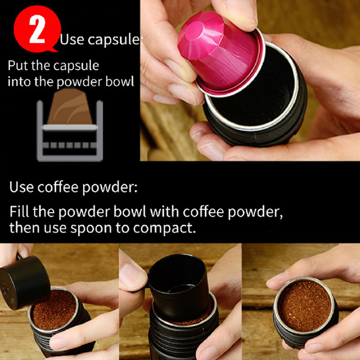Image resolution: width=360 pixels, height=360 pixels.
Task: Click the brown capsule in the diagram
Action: point(70,107)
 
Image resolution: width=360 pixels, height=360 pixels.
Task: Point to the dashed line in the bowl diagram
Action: point(70,145)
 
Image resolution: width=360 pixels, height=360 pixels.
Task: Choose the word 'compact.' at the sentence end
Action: point(164,229)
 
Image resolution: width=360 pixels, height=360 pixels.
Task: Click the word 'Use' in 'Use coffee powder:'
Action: point(21,187)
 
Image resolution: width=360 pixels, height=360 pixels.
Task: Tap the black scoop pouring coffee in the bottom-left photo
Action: point(24,282)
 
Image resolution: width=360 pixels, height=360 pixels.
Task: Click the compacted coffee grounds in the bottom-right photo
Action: point(305,306)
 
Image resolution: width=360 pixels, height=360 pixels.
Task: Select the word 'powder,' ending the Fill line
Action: point(255,212)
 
